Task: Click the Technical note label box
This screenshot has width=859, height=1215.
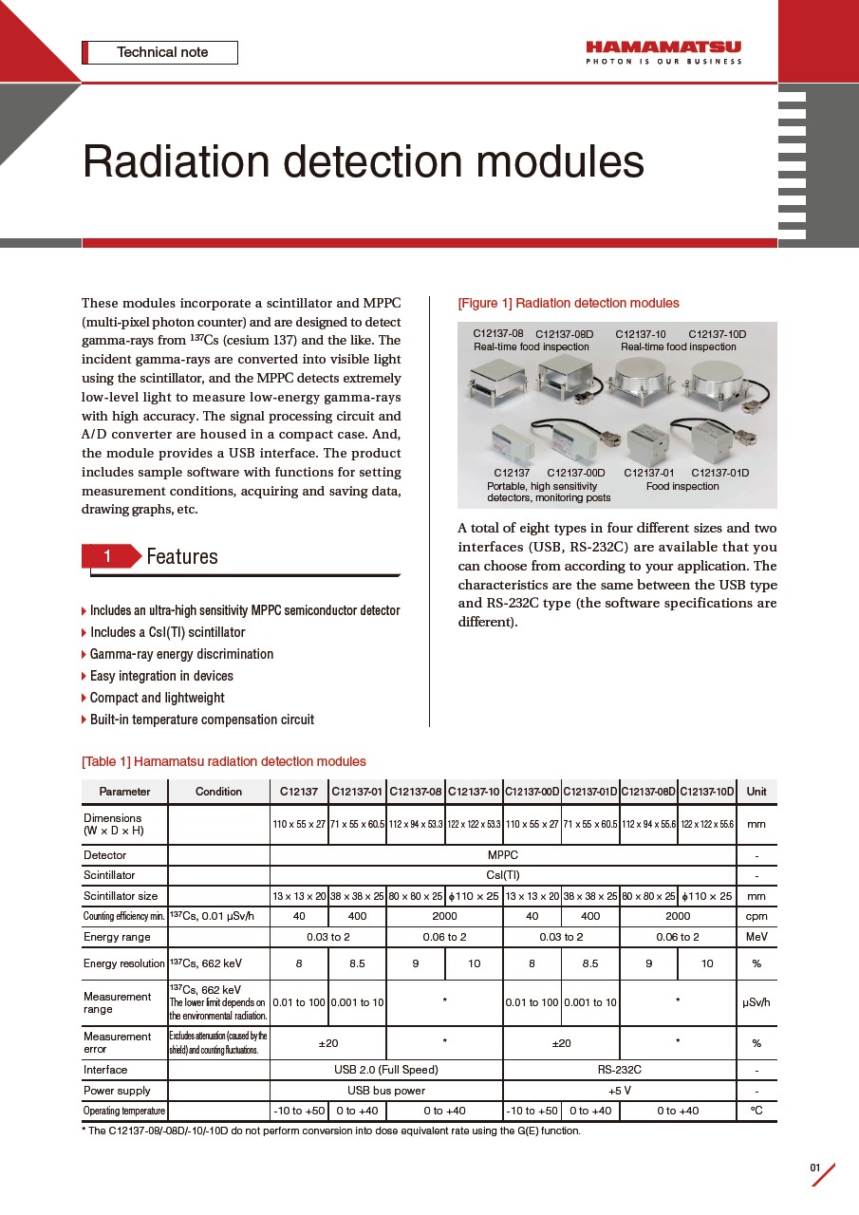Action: point(160,52)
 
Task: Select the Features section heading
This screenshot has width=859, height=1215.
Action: point(182,556)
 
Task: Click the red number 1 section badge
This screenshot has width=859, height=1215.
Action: point(107,556)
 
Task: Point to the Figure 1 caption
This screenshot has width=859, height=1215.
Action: point(568,304)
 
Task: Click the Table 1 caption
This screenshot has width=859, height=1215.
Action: point(223,761)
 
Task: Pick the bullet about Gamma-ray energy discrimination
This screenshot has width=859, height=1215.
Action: point(181,654)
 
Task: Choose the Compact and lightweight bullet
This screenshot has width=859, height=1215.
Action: point(157,698)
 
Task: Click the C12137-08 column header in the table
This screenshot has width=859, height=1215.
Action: point(416,792)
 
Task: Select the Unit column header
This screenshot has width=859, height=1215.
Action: point(756,792)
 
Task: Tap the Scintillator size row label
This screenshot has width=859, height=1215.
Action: point(121,896)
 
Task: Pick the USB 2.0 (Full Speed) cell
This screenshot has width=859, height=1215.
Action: point(385,1070)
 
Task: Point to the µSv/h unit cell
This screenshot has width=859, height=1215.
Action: point(756,1002)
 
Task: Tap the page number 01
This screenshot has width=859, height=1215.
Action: point(814,1168)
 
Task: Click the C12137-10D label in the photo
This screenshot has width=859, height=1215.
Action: point(717,334)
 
